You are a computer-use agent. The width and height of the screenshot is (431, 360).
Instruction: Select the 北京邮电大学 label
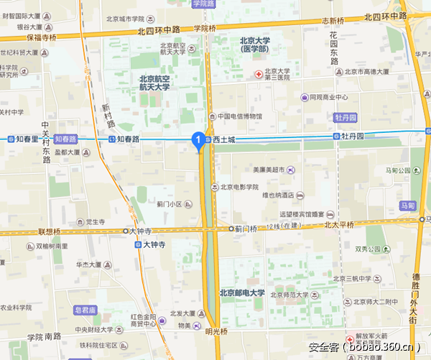[242, 292]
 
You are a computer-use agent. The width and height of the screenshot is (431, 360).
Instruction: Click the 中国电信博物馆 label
[239, 116]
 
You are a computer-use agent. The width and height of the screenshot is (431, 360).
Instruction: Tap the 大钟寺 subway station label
[153, 244]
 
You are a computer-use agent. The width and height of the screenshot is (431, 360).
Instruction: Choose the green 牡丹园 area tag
[345, 116]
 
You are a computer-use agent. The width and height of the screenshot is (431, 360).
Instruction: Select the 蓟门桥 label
[246, 229]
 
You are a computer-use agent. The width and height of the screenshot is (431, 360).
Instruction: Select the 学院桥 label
[205, 29]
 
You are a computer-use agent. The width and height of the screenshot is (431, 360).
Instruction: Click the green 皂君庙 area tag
[85, 310]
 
